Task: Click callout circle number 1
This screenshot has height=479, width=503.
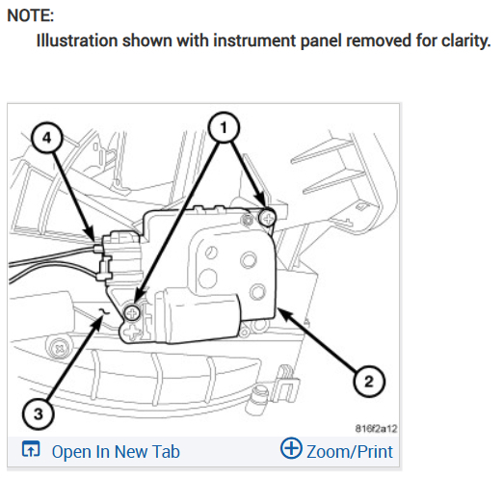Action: [x=224, y=127]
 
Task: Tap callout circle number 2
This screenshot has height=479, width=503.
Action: [x=369, y=382]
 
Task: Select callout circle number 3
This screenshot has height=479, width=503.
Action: [x=39, y=413]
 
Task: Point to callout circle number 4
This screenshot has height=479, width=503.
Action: [x=47, y=138]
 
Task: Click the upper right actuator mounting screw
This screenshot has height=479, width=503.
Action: [x=268, y=219]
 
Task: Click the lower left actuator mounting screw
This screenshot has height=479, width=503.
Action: [x=132, y=312]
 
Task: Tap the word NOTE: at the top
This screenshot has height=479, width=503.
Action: [x=31, y=15]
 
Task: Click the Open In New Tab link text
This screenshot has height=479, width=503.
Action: [x=116, y=451]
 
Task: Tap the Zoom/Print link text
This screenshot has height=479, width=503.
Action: [x=350, y=452]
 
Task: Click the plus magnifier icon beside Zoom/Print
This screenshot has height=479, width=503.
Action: [x=291, y=448]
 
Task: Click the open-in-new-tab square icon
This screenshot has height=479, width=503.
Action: [x=31, y=449]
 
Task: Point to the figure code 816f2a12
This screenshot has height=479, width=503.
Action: [x=376, y=429]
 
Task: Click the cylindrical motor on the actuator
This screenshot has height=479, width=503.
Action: [x=198, y=316]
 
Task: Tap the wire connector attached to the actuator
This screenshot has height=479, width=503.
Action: [x=120, y=255]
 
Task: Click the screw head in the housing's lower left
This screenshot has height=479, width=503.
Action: [x=59, y=348]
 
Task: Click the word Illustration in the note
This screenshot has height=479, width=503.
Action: [x=77, y=40]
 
